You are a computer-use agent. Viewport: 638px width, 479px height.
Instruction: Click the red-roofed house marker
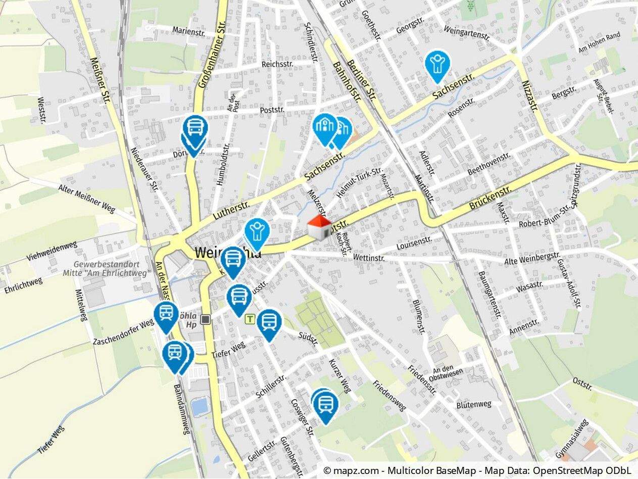(319, 228)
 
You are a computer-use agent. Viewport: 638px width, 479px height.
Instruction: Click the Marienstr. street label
(188, 30)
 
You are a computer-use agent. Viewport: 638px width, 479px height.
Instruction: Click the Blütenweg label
(473, 404)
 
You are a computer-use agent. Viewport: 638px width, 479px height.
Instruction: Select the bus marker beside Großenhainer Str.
(195, 130)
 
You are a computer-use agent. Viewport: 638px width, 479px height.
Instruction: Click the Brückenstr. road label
(490, 198)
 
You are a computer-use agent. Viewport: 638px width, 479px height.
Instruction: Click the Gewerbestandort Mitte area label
(112, 268)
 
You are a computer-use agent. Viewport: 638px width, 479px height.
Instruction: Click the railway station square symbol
(205, 319)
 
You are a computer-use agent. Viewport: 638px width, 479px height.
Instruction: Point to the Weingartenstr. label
(467, 33)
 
